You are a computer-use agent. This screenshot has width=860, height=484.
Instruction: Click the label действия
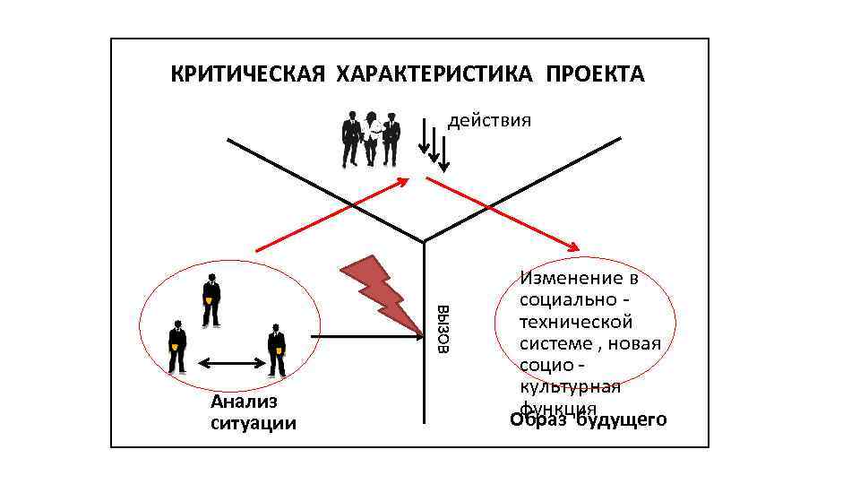(x=489, y=121)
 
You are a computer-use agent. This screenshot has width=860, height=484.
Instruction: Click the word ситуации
(x=254, y=423)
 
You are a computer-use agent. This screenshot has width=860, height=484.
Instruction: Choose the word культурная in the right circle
(x=570, y=387)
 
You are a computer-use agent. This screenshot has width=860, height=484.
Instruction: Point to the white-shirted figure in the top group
(x=371, y=139)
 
